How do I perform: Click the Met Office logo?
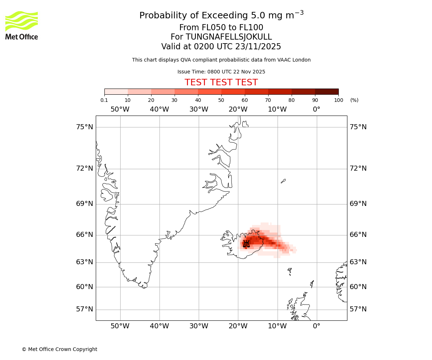[22, 25]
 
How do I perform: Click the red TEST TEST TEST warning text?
[221, 82]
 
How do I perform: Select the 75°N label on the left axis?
[85, 127]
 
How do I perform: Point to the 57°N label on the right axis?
[358, 309]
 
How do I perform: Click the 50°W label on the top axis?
[120, 109]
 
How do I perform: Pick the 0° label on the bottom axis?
[316, 326]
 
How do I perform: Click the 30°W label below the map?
[199, 326]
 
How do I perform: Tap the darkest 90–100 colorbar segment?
[327, 91]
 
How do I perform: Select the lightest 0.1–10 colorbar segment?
[116, 91]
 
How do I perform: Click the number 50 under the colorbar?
[221, 100]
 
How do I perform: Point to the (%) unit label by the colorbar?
[354, 100]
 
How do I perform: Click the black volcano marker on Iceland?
[246, 244]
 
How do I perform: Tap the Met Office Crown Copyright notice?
[59, 349]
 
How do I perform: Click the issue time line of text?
[221, 72]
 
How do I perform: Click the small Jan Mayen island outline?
[283, 181]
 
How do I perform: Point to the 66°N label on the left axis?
[85, 235]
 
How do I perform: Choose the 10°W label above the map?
[277, 109]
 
